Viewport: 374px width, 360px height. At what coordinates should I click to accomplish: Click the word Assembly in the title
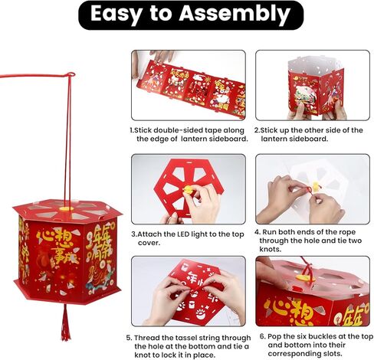235,15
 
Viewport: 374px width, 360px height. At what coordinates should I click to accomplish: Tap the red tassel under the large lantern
66,322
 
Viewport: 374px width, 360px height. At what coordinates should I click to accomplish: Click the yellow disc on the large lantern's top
67,208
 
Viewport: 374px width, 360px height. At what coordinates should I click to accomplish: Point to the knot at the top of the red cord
71,75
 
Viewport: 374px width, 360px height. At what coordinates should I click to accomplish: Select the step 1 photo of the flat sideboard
189,85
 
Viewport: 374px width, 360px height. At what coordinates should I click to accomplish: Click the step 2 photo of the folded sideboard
313,85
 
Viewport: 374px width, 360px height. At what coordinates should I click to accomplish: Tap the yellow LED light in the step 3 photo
188,189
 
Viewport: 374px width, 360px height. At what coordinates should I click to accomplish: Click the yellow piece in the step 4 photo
315,186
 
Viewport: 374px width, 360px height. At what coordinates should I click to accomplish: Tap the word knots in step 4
271,249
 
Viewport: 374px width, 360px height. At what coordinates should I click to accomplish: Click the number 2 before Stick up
257,130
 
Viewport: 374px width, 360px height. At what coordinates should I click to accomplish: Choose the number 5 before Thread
129,338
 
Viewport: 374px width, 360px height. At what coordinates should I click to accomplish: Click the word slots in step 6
332,354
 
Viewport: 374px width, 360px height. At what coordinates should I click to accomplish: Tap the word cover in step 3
149,243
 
